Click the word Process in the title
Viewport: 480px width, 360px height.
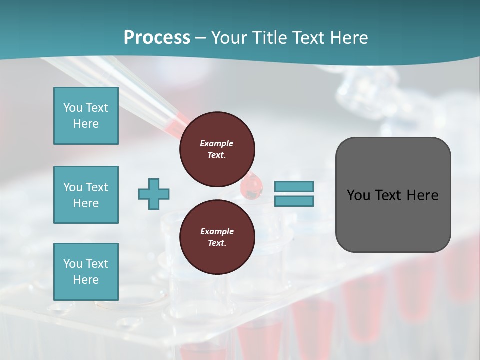(x=157, y=38)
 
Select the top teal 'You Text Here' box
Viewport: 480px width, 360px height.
(x=86, y=116)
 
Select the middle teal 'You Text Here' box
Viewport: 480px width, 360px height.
(x=86, y=195)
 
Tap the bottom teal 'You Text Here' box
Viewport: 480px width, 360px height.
(x=86, y=272)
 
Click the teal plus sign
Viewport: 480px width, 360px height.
(x=154, y=194)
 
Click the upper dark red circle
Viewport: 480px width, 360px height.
(x=217, y=149)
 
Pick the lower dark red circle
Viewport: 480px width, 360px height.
(x=217, y=237)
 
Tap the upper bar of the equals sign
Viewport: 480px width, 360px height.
(x=294, y=186)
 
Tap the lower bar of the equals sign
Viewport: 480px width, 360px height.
(x=294, y=201)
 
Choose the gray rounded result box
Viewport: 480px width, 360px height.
(x=393, y=195)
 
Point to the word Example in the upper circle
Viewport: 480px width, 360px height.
(x=217, y=143)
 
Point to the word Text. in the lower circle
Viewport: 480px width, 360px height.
(x=217, y=243)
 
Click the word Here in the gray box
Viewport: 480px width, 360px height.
(x=422, y=195)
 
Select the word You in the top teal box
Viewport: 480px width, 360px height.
(x=72, y=108)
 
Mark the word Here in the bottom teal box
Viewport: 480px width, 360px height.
(x=86, y=280)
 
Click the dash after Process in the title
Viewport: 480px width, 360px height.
(x=200, y=38)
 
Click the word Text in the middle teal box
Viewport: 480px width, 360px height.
(x=96, y=187)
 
